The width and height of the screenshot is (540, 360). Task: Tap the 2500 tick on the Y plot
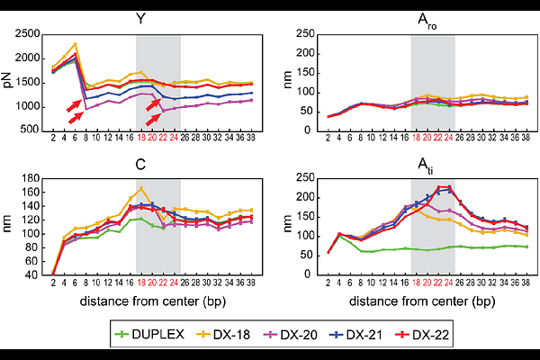coord(28,33)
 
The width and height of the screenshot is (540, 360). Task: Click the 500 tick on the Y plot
coord(31,130)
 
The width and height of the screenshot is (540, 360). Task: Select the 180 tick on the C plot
coord(31,178)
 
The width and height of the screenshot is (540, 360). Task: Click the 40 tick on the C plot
coord(34,274)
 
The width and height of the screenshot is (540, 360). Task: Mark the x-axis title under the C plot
coord(141,299)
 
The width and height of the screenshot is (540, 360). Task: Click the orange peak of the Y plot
coord(76,43)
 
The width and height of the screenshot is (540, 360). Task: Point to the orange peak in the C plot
coord(141,188)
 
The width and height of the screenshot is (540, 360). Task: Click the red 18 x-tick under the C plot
coord(141,282)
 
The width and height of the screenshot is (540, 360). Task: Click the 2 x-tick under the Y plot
coord(53,138)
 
